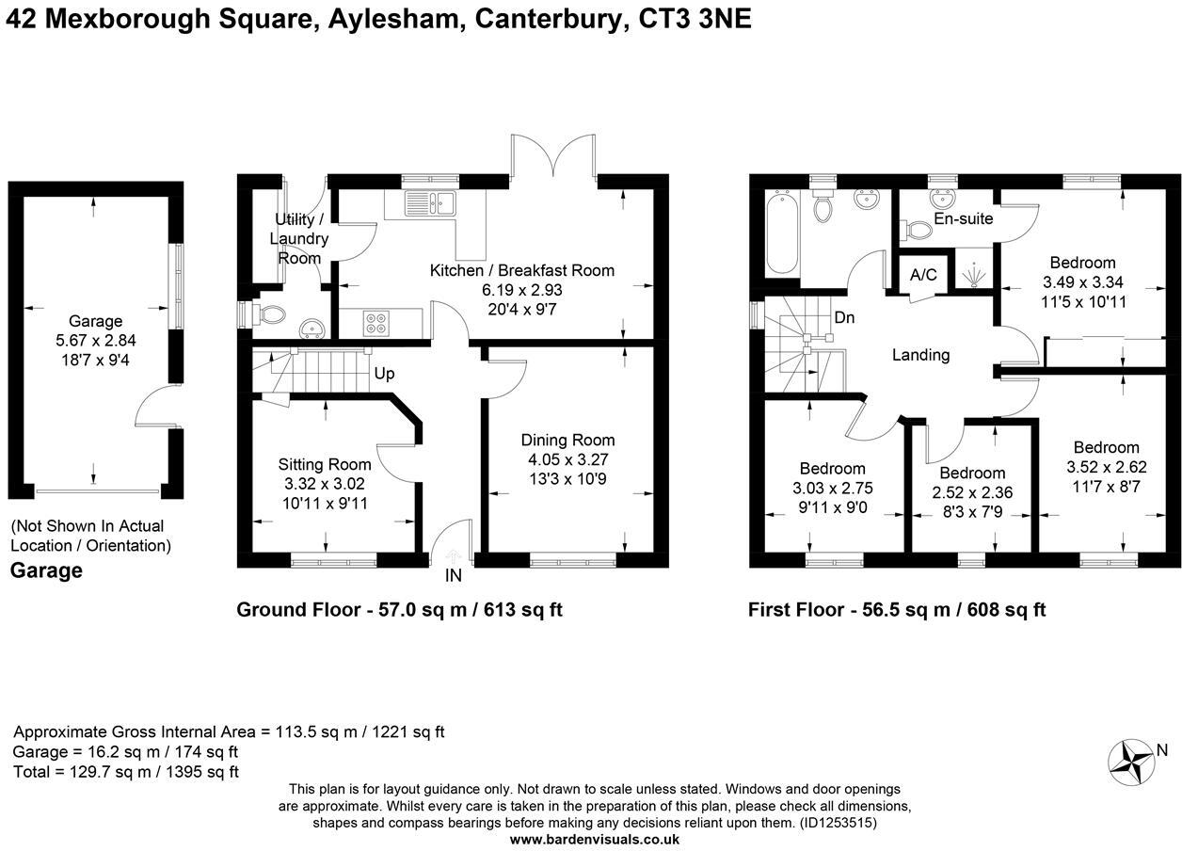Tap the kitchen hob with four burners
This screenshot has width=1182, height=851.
pos(376,322)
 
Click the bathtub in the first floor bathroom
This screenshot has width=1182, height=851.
pos(781,231)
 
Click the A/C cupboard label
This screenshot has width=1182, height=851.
pos(923,275)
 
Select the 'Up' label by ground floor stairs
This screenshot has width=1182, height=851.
pos(384,374)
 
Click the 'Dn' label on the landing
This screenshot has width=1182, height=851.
pos(844,318)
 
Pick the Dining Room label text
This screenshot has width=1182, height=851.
pos(568,440)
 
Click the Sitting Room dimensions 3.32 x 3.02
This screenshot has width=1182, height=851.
pos(325,483)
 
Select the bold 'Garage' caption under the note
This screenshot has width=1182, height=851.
pos(46,570)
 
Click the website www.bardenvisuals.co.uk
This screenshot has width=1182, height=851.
pos(594,839)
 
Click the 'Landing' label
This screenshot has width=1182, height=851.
pos(920,355)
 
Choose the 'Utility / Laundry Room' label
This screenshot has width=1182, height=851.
pos(299,239)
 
